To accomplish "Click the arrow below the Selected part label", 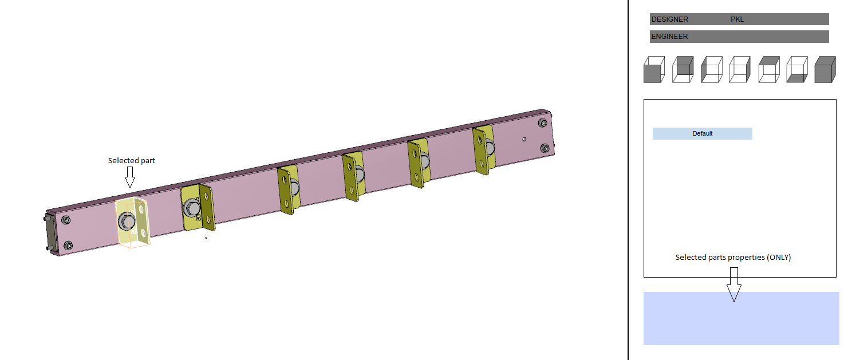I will point(130,177).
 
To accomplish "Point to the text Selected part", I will point(132,161).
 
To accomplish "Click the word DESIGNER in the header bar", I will point(670,19).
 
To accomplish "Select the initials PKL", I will point(737,19).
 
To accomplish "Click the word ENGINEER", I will point(670,37).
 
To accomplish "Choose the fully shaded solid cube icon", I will point(825,70).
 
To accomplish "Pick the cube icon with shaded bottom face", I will point(796,70).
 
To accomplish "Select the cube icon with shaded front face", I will point(654,70).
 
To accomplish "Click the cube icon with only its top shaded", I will point(768,70).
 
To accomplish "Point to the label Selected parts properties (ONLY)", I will point(733,258).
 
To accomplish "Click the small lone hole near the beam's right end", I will point(524,139).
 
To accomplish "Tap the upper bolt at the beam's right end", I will point(542,123).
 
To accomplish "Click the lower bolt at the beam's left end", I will point(68,246).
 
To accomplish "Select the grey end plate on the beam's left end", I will point(50,235).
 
